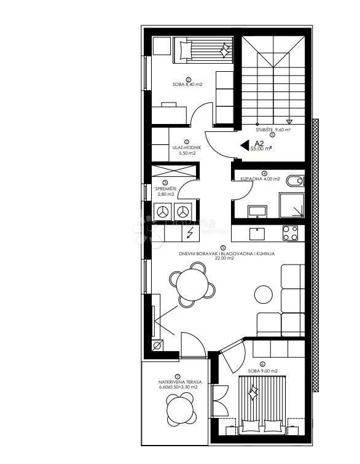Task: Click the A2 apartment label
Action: point(260,142)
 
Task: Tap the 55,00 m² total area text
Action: point(260,149)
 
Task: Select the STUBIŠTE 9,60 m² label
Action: point(273,130)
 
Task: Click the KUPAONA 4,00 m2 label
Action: point(260,179)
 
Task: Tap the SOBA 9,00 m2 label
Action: point(262,371)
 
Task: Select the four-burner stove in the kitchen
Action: point(289,233)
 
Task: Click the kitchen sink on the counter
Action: point(255,233)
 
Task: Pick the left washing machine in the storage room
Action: point(163,212)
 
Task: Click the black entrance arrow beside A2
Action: point(244,145)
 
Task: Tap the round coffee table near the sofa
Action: point(264,294)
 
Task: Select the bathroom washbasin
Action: point(257,211)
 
